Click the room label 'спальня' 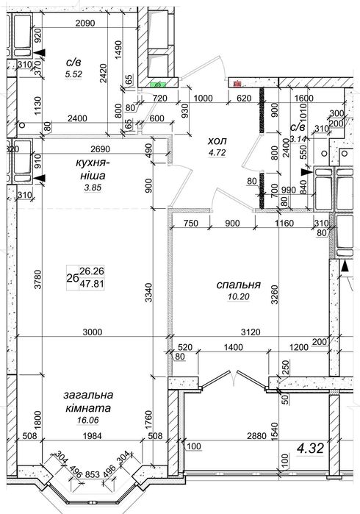pos(239,285)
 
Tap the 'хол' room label pos(217,141)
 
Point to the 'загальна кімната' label pos(88,401)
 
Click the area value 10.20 pos(239,296)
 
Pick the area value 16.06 pos(87,420)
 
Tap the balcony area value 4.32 pos(310,448)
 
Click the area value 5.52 pos(73,74)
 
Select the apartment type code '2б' pos(72,278)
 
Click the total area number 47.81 pos(92,284)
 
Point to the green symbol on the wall pos(158,85)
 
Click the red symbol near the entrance pos(237,85)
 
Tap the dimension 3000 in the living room pos(93,332)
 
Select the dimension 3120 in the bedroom pos(251,332)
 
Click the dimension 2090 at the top pos(84,23)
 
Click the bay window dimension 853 pos(93,474)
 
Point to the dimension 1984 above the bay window pos(93,435)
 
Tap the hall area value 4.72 pos(217,152)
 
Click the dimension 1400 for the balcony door pos(233,347)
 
